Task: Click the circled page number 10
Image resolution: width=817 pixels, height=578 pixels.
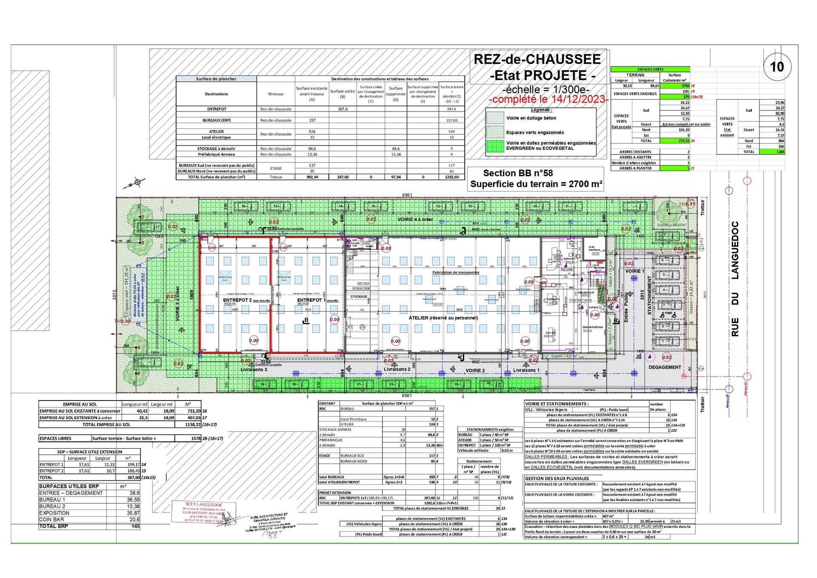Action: (777, 67)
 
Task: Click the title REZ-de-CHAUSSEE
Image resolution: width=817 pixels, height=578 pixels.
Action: (537, 59)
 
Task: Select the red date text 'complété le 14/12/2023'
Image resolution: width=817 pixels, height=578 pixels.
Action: (549, 100)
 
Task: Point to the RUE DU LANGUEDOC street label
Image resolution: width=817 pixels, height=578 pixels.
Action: (735, 279)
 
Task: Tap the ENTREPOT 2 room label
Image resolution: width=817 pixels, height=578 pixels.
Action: (237, 300)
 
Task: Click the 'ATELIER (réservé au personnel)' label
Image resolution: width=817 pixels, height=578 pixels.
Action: (443, 318)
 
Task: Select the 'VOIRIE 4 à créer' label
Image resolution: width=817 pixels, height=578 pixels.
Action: (415, 219)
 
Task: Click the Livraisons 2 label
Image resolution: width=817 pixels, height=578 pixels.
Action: (397, 369)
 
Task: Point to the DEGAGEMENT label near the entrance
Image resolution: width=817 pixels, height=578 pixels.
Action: (665, 367)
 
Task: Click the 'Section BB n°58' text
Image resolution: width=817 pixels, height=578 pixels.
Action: (518, 173)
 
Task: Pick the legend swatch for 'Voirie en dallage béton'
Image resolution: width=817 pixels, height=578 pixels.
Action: (495, 118)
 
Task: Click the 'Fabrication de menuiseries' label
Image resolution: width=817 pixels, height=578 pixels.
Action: (455, 272)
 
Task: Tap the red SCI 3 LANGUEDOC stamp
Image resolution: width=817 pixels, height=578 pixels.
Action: (203, 512)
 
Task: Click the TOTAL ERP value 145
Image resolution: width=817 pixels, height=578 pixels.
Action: (135, 526)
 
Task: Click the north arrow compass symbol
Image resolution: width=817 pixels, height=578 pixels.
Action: (137, 183)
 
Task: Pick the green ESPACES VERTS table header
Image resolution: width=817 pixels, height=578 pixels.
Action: (650, 69)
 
